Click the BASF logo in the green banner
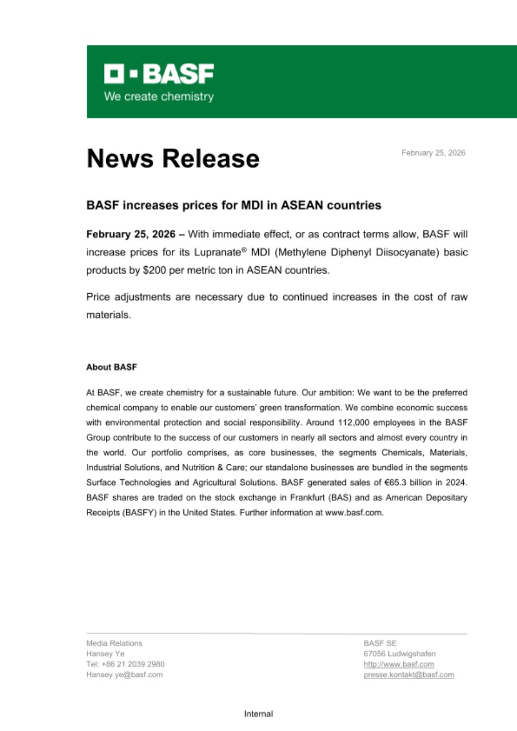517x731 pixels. pyautogui.click(x=159, y=74)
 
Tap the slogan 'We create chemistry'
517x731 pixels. pyautogui.click(x=159, y=97)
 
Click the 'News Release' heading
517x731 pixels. pyautogui.click(x=173, y=158)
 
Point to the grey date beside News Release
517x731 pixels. pyautogui.click(x=433, y=153)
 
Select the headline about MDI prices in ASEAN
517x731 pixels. pyautogui.click(x=233, y=204)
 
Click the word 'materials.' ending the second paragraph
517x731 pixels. pyautogui.click(x=109, y=315)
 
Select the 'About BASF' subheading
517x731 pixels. pyautogui.click(x=111, y=367)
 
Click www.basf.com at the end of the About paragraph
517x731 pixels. pyautogui.click(x=354, y=512)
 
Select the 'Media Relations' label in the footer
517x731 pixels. pyautogui.click(x=114, y=643)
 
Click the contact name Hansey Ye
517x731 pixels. pyautogui.click(x=105, y=653)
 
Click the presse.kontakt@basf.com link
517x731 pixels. pyautogui.click(x=408, y=674)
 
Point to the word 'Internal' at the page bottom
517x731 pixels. pyautogui.click(x=258, y=714)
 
